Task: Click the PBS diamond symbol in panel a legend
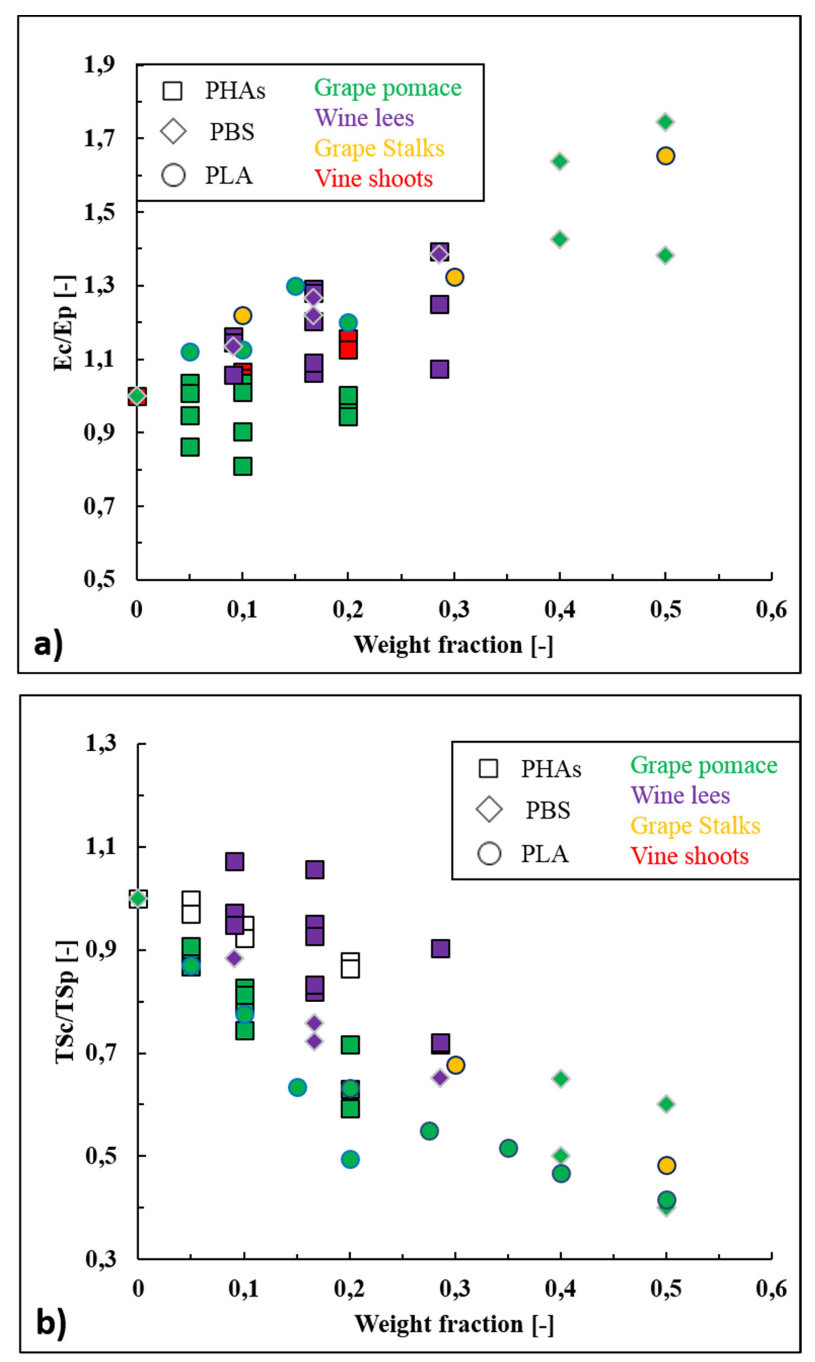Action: pos(174,132)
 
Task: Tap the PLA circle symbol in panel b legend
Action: pos(489,853)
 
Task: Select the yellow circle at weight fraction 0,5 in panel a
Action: pos(666,156)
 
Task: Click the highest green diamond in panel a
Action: pos(666,122)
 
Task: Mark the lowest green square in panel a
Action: pos(243,466)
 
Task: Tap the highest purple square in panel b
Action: pos(234,862)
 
